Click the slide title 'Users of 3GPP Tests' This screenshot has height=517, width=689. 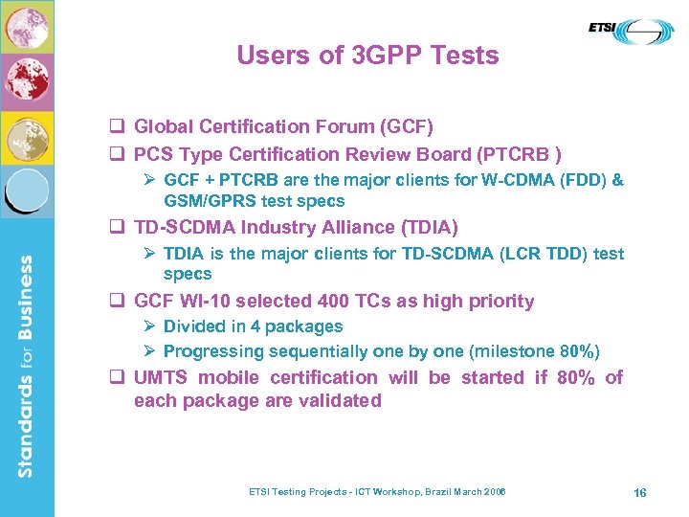click(x=367, y=56)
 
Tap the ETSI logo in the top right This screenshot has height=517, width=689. click(x=631, y=33)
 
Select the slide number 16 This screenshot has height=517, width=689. click(x=640, y=492)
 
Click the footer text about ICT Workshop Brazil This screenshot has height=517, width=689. click(x=377, y=492)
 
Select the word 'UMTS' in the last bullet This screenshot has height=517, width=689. click(x=160, y=377)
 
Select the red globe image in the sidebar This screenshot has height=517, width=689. click(x=27, y=81)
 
